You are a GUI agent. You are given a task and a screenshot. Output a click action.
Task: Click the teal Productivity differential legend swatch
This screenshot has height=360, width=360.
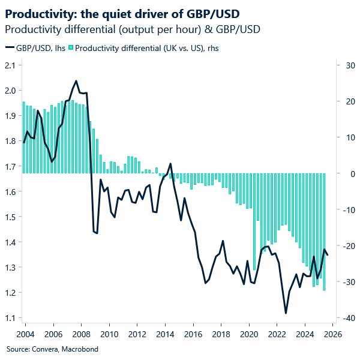[x=71, y=48]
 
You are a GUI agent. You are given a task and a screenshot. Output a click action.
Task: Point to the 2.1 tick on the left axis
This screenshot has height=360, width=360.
[x=11, y=65]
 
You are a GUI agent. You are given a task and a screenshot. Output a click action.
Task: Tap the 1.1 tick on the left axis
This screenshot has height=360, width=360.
[x=11, y=318]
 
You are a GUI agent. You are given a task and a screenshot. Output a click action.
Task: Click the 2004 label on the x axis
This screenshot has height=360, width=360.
[x=25, y=334]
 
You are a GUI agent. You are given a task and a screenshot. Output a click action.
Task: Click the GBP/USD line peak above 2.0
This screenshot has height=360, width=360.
[x=76, y=81]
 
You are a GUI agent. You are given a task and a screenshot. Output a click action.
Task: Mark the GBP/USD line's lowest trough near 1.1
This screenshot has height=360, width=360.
[x=286, y=313]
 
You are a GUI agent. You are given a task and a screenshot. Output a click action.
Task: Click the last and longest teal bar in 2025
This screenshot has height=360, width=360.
[x=324, y=240]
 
